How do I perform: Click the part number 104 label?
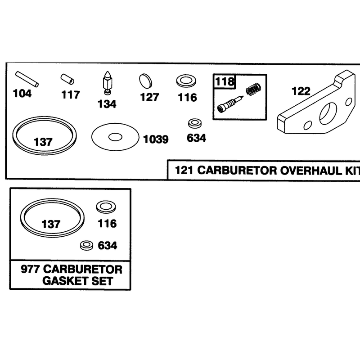click(22, 94)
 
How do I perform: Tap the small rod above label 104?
click(27, 80)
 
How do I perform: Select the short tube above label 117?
click(67, 79)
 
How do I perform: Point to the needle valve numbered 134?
click(107, 83)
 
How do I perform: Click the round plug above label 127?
click(145, 81)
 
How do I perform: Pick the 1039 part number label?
click(156, 139)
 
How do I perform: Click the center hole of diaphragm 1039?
click(115, 137)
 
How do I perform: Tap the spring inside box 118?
click(253, 89)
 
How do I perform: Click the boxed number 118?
click(225, 81)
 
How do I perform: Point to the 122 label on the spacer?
click(301, 91)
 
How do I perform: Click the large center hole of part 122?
click(328, 114)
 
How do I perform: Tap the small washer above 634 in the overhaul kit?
click(195, 123)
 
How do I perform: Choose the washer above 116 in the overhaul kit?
click(186, 81)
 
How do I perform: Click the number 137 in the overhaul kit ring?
click(43, 142)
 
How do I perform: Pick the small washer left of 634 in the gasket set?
click(87, 245)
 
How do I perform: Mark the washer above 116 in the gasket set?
click(106, 207)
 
